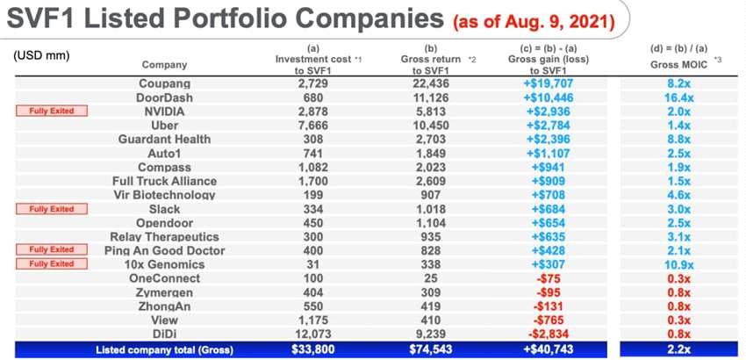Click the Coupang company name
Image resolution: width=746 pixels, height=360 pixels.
[x=164, y=83]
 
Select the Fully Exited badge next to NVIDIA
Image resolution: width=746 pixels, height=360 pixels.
[x=52, y=111]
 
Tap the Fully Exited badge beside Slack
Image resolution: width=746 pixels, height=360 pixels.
[x=52, y=209]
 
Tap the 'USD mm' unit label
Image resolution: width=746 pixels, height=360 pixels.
[x=41, y=55]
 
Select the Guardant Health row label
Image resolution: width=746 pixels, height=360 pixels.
[x=164, y=139]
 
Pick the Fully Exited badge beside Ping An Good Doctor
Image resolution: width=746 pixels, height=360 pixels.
[x=52, y=250]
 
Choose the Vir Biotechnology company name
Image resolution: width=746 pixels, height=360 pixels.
[x=164, y=195]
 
